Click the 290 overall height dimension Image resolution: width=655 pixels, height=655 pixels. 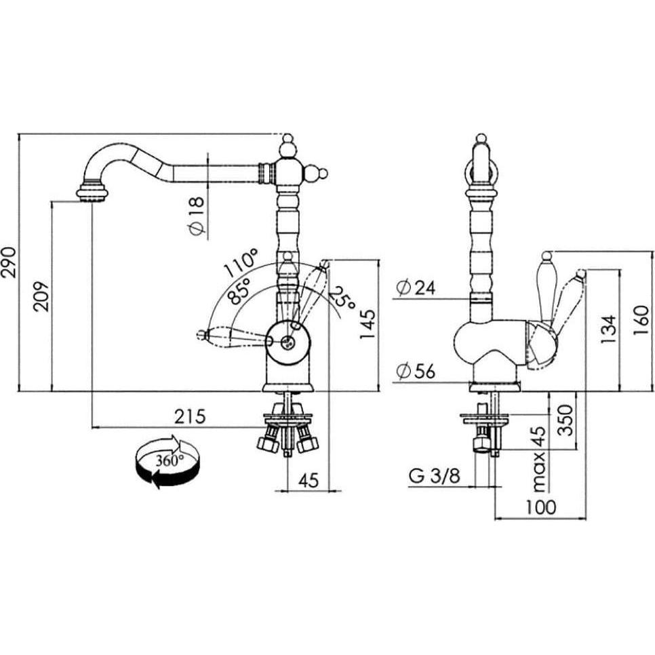(9, 262)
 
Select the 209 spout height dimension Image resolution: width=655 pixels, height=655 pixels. (41, 296)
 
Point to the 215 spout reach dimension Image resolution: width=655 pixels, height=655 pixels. (190, 417)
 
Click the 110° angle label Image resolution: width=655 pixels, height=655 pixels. (241, 263)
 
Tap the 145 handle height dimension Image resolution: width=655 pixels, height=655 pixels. (368, 325)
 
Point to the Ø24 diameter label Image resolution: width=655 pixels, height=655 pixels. (416, 287)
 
